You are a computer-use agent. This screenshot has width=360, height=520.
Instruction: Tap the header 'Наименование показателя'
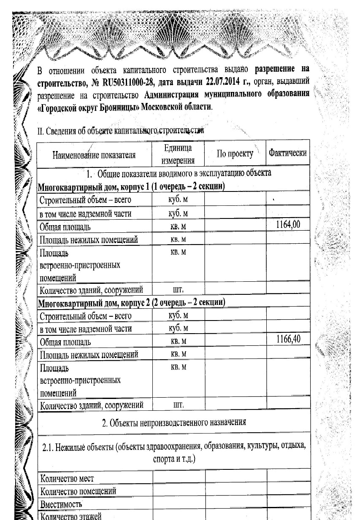click(x=94, y=155)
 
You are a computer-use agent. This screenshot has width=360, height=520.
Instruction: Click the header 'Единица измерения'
click(x=178, y=154)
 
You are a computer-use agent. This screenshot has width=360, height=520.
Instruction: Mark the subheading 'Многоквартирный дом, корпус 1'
click(x=100, y=187)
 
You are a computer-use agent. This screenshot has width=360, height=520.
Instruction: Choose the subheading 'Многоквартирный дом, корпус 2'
click(x=100, y=302)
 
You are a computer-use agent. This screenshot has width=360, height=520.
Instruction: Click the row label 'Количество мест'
click(x=67, y=478)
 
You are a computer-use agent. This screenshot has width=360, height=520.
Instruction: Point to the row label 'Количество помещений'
click(x=78, y=491)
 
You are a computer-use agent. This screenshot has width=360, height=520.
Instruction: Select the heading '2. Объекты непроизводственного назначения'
click(x=174, y=422)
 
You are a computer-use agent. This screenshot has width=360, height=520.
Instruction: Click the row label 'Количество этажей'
click(x=70, y=516)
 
